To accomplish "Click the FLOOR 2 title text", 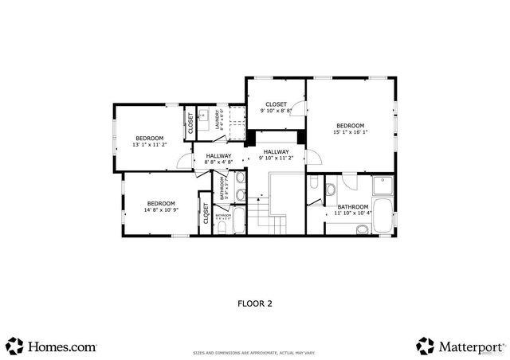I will [x=255, y=303].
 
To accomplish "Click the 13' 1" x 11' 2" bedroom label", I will [x=149, y=141].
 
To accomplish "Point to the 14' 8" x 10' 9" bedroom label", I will [x=161, y=206].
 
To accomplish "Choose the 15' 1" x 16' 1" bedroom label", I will [x=350, y=129].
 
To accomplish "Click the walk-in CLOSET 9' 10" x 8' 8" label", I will [x=276, y=108].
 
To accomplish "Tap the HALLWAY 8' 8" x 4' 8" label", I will [x=218, y=158].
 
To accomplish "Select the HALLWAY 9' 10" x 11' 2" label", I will [x=277, y=155].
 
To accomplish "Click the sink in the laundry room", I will [x=202, y=115].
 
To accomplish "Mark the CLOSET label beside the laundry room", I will [x=190, y=122].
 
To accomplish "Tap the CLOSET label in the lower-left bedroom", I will [x=206, y=215].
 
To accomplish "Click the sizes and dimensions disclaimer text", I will [x=254, y=351].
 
